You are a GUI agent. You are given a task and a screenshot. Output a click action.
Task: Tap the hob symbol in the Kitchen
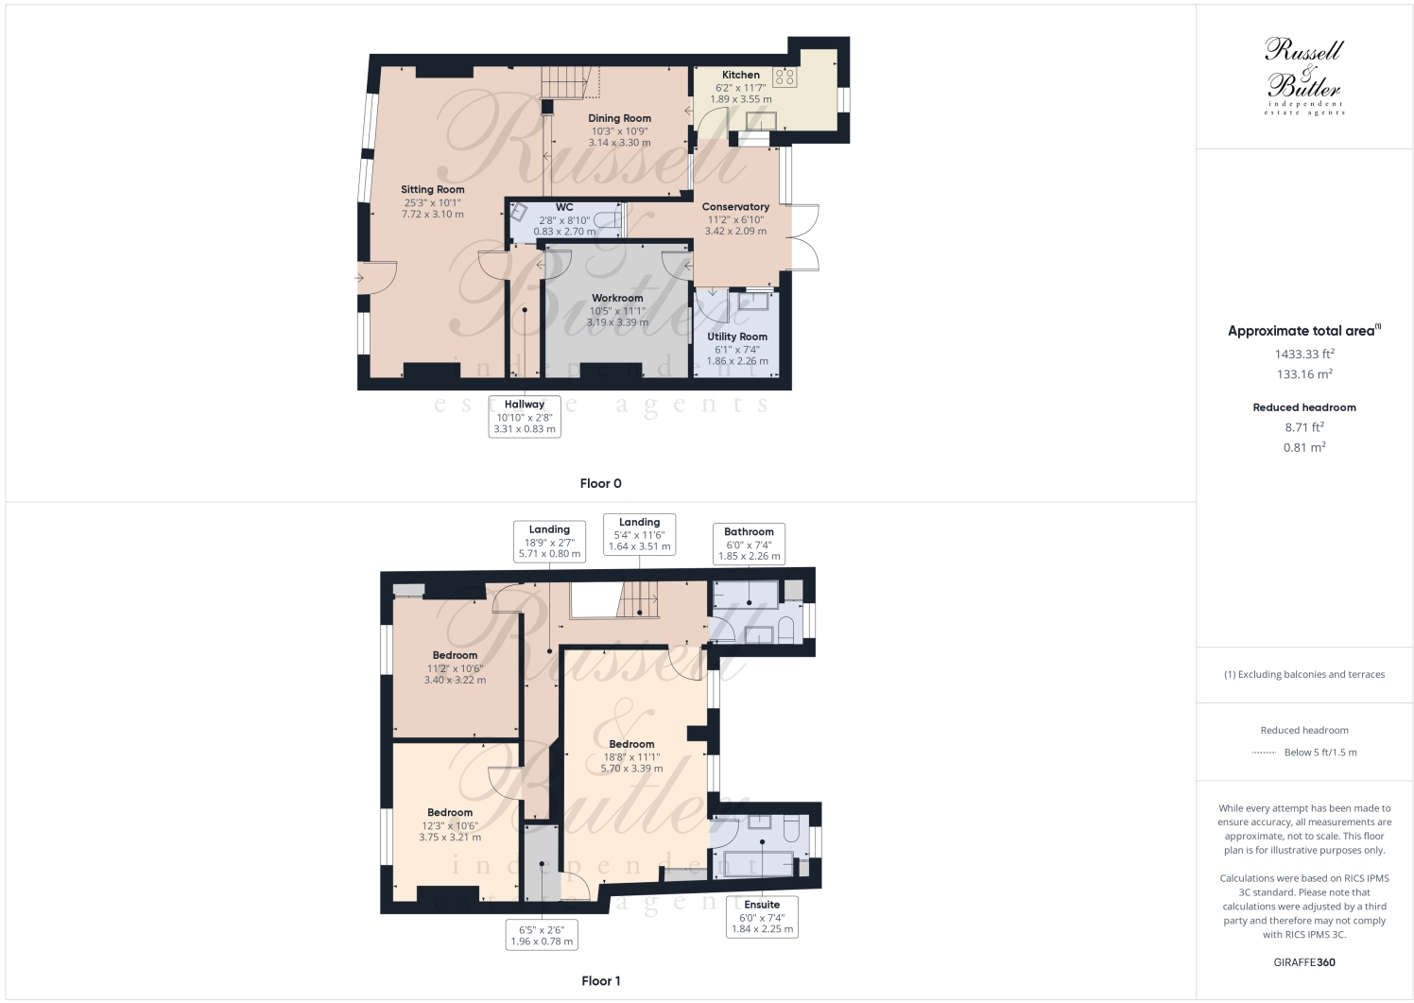click(x=785, y=77)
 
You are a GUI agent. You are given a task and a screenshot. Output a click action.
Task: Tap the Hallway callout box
click(x=524, y=417)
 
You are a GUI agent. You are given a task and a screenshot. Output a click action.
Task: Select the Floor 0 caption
click(x=601, y=484)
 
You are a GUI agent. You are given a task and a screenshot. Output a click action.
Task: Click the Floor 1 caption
click(x=601, y=981)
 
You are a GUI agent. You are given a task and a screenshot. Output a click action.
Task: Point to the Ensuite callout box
click(x=762, y=917)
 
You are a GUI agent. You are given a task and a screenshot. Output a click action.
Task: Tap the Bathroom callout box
click(x=749, y=544)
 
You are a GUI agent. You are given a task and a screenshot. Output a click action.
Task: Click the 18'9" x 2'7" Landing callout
click(x=549, y=542)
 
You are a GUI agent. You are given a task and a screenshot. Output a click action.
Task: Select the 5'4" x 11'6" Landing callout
click(x=639, y=534)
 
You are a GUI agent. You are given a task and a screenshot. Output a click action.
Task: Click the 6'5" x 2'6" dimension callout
click(x=542, y=935)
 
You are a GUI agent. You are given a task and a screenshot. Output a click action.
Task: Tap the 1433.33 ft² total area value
click(x=1304, y=355)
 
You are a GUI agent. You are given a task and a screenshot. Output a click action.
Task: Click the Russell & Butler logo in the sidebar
click(x=1304, y=76)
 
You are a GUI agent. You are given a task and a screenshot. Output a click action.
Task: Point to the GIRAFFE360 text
click(x=1304, y=963)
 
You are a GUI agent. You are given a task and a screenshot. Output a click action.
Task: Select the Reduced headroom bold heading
click(x=1304, y=407)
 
